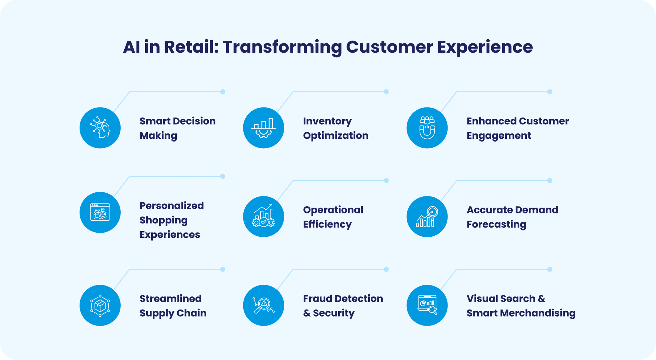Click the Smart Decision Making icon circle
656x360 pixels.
pos(100,128)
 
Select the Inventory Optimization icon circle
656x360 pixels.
pos(263,128)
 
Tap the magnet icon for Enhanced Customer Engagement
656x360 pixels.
pos(427,128)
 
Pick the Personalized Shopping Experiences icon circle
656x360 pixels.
pos(100,212)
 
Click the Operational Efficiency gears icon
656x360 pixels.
pos(263,217)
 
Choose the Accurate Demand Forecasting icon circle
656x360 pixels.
pos(427,217)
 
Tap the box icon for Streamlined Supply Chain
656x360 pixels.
pos(100,305)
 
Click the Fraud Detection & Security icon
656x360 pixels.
pos(263,305)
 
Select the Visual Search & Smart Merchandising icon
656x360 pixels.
pos(427,305)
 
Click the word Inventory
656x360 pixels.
pos(327,121)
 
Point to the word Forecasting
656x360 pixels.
pos(496,224)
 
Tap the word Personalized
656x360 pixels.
pos(172,206)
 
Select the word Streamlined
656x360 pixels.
pos(170,299)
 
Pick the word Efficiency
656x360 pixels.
pos(327,224)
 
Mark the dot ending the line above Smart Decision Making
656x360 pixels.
pos(223,92)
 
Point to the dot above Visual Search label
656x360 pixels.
pos(550,269)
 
